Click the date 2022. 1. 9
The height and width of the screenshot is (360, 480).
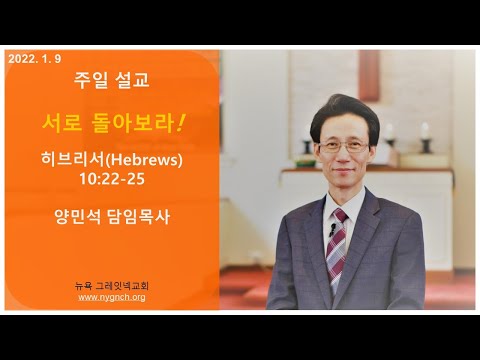coord(35,59)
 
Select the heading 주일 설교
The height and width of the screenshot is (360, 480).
coord(112,80)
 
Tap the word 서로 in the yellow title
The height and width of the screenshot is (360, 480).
coord(62,123)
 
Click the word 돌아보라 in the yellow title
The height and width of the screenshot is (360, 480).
coord(132,123)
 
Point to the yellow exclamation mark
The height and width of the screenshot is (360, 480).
coord(180,122)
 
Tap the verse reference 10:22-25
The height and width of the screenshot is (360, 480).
coord(112,179)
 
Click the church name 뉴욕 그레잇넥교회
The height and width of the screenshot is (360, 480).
coord(112,286)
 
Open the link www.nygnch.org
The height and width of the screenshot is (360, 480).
coord(112,297)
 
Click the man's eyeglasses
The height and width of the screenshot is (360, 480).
coord(344,146)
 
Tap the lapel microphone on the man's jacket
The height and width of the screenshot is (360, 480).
coord(332,229)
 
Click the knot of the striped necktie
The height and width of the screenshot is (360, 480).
coord(340,216)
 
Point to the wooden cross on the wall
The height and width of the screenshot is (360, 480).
coord(369,75)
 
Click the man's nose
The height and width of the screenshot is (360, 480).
coord(344,153)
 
